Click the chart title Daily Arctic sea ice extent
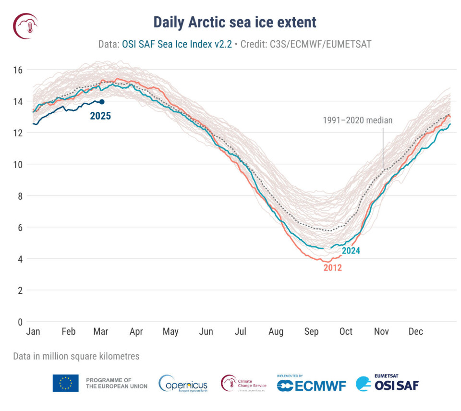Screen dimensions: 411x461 tap(235, 22)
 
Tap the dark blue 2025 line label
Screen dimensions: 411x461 tap(100, 116)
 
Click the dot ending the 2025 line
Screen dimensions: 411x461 tap(102, 102)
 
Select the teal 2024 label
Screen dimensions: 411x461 tap(351, 250)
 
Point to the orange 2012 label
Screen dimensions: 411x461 tap(332, 268)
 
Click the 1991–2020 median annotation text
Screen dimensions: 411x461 tap(357, 121)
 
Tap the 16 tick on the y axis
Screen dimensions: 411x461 tap(18, 70)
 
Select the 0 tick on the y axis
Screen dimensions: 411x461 tap(20, 322)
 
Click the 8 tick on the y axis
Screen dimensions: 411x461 tap(20, 196)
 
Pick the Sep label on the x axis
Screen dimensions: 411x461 tap(311, 332)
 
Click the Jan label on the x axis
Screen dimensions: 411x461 tap(33, 332)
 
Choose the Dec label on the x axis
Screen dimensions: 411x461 tap(415, 332)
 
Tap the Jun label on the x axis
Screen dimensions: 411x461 tap(206, 332)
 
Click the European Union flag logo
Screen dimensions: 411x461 tap(66, 383)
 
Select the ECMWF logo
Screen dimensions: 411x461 tap(311, 384)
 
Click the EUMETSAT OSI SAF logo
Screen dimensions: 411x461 tap(388, 383)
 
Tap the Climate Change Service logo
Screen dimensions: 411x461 tap(243, 383)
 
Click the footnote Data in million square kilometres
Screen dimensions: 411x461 tap(76, 356)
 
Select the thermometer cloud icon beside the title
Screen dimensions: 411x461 tap(25, 25)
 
